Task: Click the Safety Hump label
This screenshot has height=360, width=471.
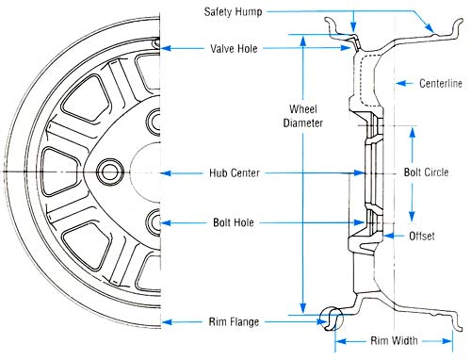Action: pos(233,12)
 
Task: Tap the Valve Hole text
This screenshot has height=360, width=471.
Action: pos(234,49)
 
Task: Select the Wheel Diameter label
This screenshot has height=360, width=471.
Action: pos(303,116)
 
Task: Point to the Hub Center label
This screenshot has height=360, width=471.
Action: pos(235,172)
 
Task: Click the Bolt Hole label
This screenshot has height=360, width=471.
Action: pos(234,222)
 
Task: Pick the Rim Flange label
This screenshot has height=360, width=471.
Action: pos(234,321)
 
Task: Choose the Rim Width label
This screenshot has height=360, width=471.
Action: pos(394,340)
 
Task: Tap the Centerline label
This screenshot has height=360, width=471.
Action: pos(441,83)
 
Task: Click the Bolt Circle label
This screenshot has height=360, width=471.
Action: pos(426,172)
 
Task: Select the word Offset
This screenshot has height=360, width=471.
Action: pos(422,236)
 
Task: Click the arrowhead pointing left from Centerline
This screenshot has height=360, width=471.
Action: pos(400,83)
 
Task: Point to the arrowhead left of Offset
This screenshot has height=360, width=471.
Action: pos(389,236)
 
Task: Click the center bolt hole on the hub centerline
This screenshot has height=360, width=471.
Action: pos(109,172)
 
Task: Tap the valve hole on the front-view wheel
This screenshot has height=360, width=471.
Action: pos(156,42)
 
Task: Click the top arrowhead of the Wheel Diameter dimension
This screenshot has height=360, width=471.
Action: pos(303,41)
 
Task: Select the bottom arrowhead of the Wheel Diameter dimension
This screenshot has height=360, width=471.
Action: pos(303,308)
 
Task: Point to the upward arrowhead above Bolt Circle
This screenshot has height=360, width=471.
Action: pos(413,132)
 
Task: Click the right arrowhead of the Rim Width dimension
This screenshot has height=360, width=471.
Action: pos(447,341)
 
